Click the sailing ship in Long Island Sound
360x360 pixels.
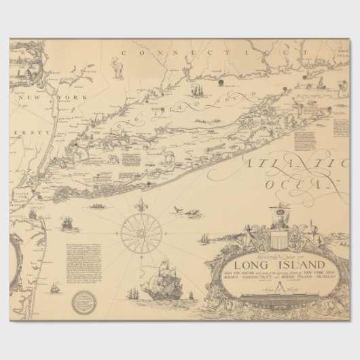tap(197, 89)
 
